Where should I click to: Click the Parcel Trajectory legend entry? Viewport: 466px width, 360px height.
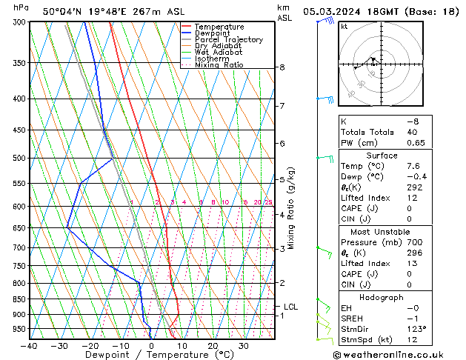click(x=228, y=40)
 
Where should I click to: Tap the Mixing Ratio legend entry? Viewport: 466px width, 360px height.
click(x=219, y=65)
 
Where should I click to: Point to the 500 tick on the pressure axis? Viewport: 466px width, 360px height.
click(x=20, y=158)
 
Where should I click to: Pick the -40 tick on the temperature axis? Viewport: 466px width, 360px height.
click(x=30, y=345)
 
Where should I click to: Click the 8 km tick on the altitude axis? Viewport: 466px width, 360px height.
click(x=282, y=67)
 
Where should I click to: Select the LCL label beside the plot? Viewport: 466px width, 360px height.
click(x=290, y=307)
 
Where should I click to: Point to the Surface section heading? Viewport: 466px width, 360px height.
click(x=382, y=156)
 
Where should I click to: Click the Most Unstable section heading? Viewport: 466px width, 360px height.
click(x=382, y=232)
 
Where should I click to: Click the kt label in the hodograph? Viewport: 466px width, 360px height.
click(x=344, y=27)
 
